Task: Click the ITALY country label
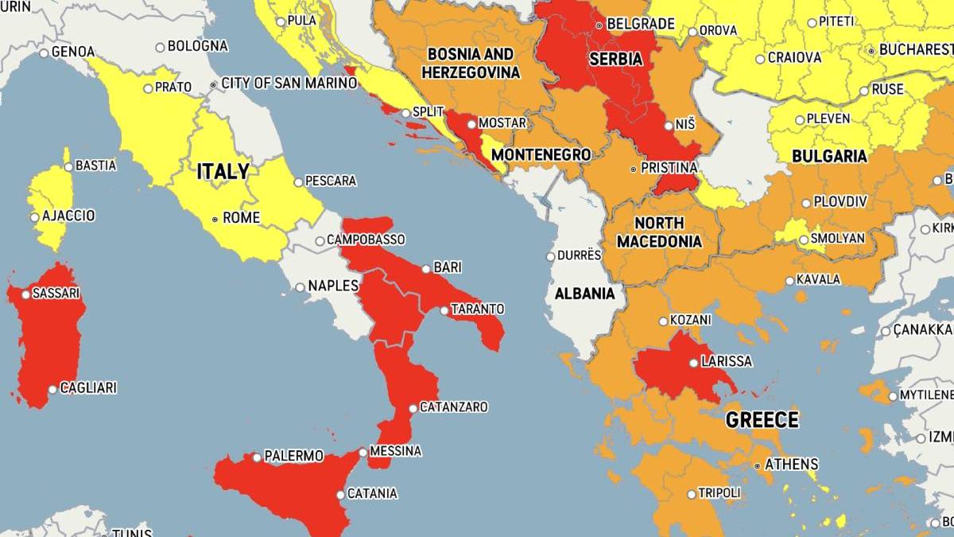(223, 171)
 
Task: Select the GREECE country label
(762, 420)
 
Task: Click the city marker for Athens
(758, 465)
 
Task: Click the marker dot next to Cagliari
(52, 390)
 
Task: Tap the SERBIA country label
(615, 59)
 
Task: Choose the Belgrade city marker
(599, 25)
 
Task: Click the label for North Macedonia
(659, 232)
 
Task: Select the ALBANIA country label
(584, 294)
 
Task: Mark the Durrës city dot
(550, 256)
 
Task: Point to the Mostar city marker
(471, 123)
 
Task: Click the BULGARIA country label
(828, 156)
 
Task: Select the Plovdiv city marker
(806, 203)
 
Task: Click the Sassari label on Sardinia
(56, 294)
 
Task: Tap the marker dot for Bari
(426, 269)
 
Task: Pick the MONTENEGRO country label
(541, 154)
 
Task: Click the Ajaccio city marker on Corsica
(35, 216)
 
